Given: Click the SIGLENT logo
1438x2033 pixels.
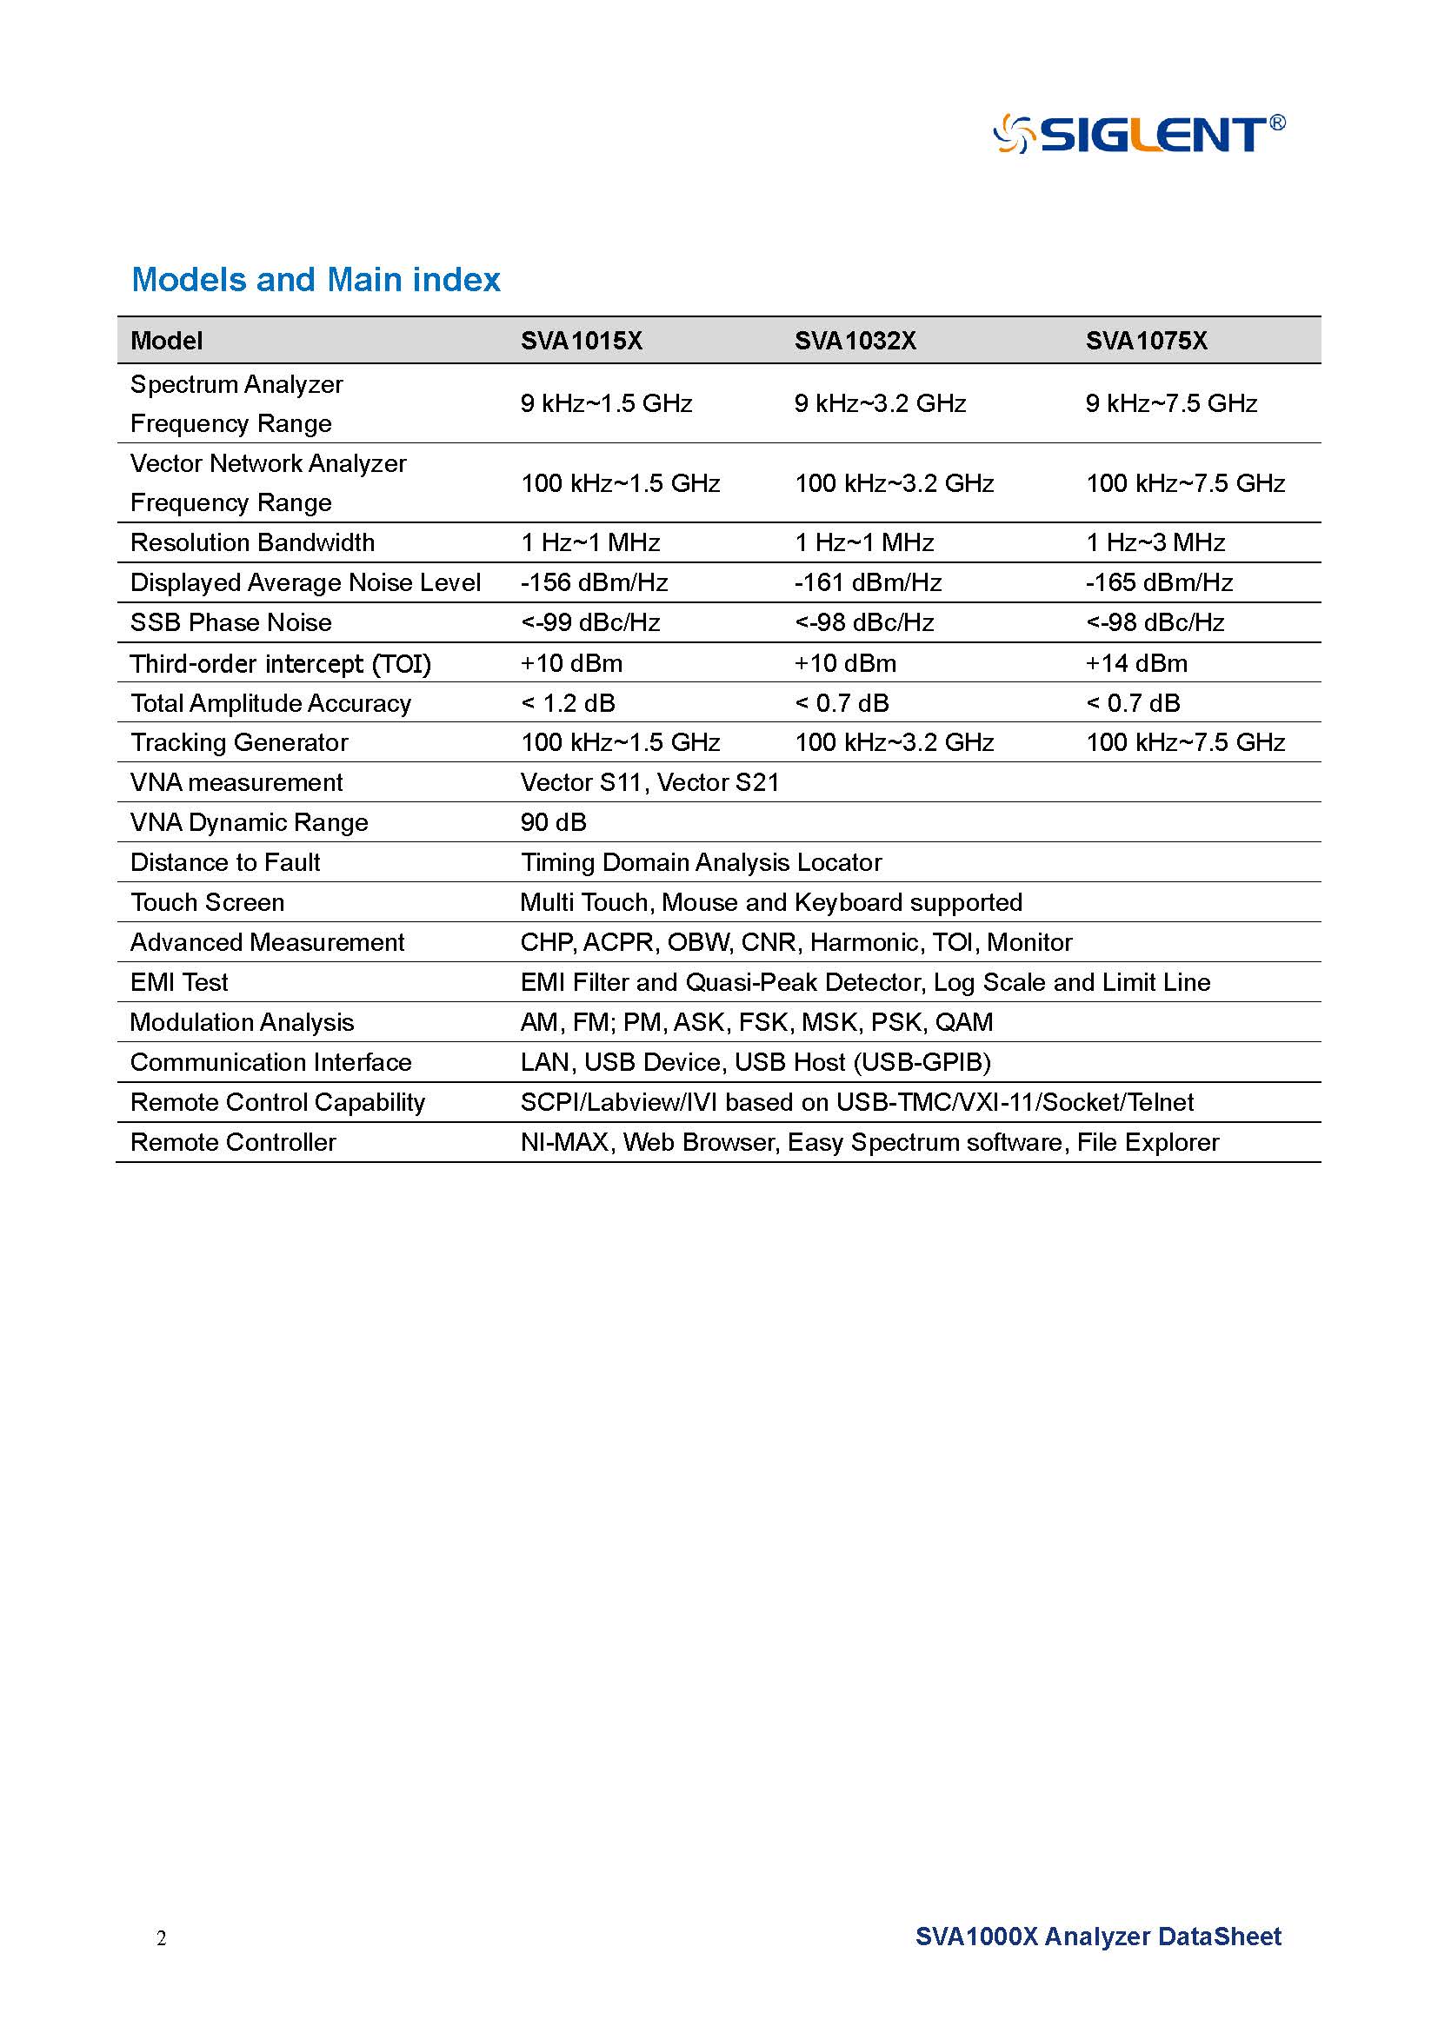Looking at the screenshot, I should pos(1139,135).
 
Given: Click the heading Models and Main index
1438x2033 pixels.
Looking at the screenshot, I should pos(316,280).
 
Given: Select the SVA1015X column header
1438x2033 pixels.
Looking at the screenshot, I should pos(581,341).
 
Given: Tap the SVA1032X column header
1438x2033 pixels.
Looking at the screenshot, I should pos(855,341).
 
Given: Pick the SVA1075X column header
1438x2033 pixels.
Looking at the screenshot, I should pos(1146,341).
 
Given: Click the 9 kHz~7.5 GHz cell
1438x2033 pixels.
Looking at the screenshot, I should pos(1170,404).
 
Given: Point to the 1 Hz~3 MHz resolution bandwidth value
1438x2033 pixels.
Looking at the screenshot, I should pos(1155,542).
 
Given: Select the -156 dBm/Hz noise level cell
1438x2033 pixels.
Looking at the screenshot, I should pos(593,582).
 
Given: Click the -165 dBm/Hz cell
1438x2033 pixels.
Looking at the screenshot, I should pos(1158,582).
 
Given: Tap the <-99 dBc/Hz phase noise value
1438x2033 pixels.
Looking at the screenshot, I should pos(589,622).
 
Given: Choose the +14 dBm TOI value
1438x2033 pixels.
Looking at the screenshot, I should pos(1136,663).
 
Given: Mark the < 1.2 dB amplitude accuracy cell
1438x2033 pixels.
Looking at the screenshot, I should pos(568,703).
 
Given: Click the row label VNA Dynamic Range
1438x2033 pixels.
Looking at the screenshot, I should pos(249,822).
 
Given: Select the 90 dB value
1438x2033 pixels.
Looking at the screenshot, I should pos(554,822).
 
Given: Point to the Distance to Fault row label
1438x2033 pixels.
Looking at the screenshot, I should pos(225,862).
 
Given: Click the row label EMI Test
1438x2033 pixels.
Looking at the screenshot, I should pos(179,982).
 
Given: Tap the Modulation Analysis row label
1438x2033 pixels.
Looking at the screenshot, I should pos(242,1023).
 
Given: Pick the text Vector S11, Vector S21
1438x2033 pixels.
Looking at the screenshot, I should pos(649,783).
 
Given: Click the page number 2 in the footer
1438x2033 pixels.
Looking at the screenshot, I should pos(161,1938).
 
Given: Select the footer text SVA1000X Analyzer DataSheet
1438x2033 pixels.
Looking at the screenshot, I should pos(1098,1937).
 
